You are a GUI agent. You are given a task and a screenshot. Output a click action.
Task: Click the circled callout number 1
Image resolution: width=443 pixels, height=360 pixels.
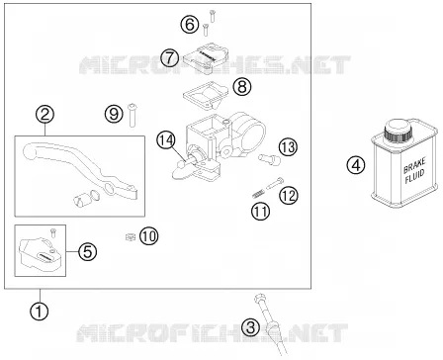pos(39,311)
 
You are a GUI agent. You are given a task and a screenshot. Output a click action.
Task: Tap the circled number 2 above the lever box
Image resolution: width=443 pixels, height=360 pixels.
pos(45,115)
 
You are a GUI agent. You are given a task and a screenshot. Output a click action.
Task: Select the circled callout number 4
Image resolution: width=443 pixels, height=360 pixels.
pos(356,165)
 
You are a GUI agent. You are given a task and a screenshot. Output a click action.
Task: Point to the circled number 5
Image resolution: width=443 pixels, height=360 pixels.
pos(88,252)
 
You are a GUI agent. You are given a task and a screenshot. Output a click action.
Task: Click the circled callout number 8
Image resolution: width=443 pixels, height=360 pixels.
pos(242,87)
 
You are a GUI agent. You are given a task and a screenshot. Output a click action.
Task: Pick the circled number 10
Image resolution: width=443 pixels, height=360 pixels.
pos(149,236)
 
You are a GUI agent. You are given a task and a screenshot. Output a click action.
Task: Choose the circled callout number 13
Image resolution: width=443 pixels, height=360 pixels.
pos(288,147)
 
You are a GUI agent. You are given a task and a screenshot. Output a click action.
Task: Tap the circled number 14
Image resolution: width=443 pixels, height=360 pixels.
pos(165,140)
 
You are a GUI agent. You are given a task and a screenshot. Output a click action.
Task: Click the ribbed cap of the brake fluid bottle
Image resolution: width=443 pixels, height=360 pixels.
pos(399,131)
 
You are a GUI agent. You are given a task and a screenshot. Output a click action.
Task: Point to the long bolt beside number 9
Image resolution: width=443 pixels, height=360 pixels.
pos(133,115)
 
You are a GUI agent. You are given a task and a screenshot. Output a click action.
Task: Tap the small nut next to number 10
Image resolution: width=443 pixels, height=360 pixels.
pos(131,236)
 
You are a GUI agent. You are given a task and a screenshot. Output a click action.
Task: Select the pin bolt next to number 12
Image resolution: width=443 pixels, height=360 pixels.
pos(274,183)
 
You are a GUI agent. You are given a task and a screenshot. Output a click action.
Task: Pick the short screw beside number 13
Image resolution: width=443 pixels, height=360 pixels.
pos(270,159)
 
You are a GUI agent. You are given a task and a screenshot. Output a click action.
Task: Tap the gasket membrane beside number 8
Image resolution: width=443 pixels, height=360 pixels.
pos(206,94)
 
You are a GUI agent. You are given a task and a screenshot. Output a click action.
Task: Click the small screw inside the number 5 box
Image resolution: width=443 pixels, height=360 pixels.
pos(53,232)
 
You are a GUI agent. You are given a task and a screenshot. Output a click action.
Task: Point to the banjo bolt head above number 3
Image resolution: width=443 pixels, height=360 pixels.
pos(259,299)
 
